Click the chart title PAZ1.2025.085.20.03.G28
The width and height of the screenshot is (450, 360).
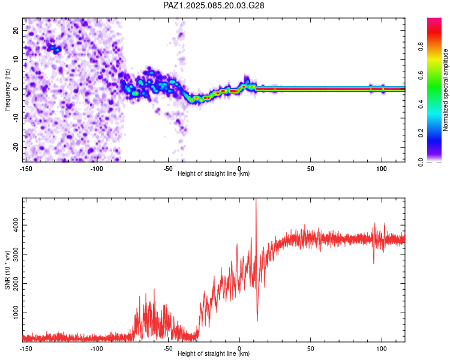pyautogui.click(x=214, y=5)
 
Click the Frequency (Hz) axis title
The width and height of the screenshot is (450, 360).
pyautogui.click(x=7, y=90)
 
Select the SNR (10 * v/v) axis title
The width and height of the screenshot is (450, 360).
pyautogui.click(x=7, y=270)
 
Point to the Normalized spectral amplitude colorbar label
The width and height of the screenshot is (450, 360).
pyautogui.click(x=445, y=90)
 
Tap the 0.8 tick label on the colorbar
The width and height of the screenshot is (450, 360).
pyautogui.click(x=421, y=46)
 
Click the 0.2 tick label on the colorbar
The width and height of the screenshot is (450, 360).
pyautogui.click(x=421, y=133)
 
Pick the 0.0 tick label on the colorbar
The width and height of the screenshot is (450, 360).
pyautogui.click(x=421, y=162)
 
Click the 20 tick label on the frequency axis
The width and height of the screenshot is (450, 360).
pyautogui.click(x=16, y=30)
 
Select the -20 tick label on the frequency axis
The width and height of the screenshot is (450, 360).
pyautogui.click(x=16, y=147)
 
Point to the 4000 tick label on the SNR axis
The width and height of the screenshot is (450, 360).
pyautogui.click(x=16, y=225)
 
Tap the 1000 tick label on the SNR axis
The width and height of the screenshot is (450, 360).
pyautogui.click(x=16, y=313)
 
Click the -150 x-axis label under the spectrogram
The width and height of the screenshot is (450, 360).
pyautogui.click(x=26, y=169)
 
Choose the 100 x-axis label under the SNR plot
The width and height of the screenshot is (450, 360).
pyautogui.click(x=382, y=349)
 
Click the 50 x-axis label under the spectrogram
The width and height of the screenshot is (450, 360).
pyautogui.click(x=311, y=169)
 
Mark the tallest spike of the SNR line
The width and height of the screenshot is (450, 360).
pyautogui.click(x=256, y=199)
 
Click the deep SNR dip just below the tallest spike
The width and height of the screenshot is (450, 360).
pyautogui.click(x=257, y=320)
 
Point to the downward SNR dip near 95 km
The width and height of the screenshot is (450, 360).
pyautogui.click(x=374, y=263)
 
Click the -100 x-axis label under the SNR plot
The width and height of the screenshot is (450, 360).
pyautogui.click(x=97, y=349)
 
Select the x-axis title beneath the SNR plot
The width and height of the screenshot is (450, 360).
pyautogui.click(x=214, y=353)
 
